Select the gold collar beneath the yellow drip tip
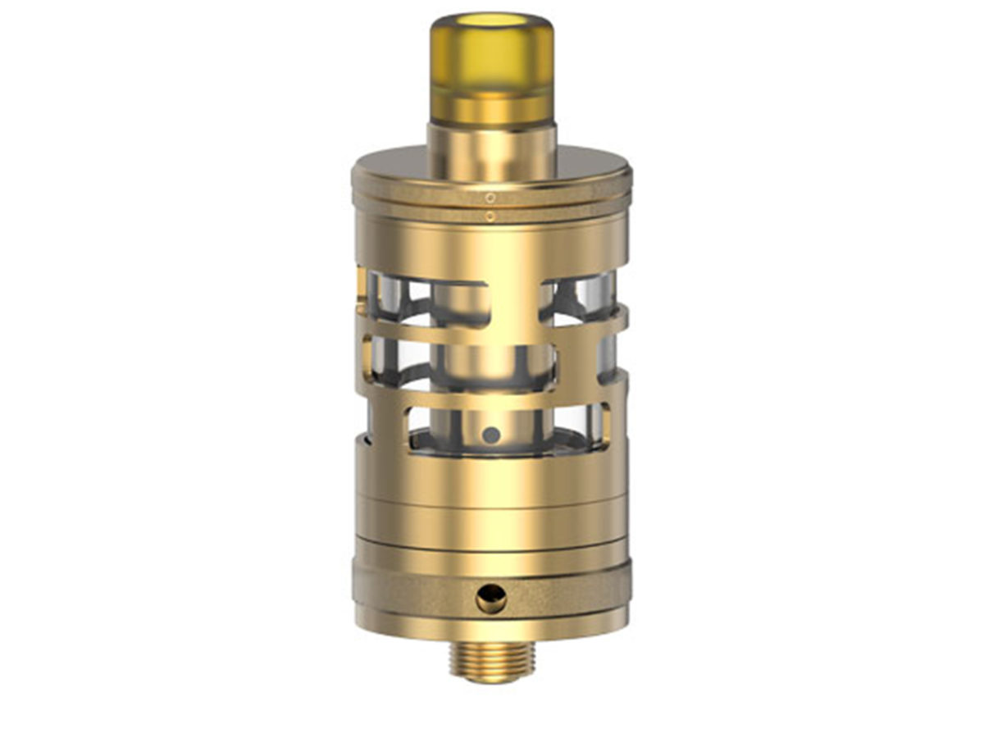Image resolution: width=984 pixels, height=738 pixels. (492, 152)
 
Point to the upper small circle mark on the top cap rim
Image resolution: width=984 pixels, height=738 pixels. (490, 198)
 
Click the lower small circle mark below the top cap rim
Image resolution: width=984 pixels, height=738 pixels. (490, 216)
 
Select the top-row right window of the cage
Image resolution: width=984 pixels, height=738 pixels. (578, 299)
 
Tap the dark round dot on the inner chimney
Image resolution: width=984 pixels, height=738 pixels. (490, 435)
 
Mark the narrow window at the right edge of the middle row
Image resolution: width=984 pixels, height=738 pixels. (606, 358)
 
